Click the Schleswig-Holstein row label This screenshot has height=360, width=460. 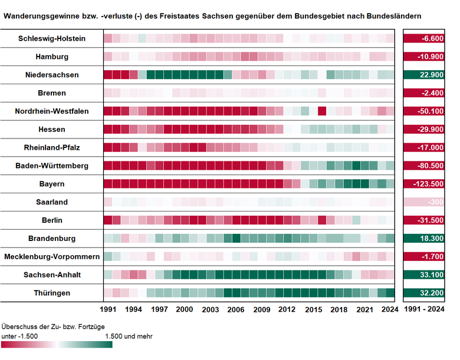pos(52,39)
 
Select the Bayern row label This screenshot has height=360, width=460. pos(52,184)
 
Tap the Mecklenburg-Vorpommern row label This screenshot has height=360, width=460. pos(52,257)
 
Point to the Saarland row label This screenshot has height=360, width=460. pos(52,202)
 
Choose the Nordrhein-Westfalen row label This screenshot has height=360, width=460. pos(52,111)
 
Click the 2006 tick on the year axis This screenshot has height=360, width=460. pos(236,309)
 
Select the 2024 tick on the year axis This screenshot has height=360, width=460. pos(390,309)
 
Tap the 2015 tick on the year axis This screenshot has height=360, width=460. pos(313,309)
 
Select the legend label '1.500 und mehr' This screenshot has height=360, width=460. pos(129,336)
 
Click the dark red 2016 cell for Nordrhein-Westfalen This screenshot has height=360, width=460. pos(322,111)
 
